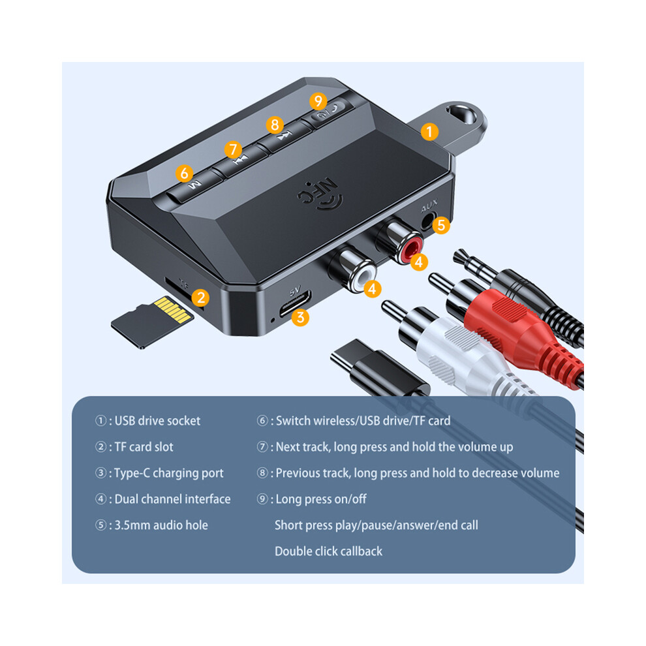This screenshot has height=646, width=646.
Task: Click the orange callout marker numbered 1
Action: [x=429, y=132]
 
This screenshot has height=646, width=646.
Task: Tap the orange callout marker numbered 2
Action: [x=200, y=298]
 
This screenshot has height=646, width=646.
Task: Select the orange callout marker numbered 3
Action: [x=300, y=317]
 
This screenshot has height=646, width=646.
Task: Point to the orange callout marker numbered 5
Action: [x=441, y=225]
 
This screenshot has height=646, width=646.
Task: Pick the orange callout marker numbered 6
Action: [x=184, y=173]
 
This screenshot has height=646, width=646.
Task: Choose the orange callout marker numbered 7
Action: [x=233, y=149]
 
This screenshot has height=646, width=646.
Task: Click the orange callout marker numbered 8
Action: [x=275, y=125]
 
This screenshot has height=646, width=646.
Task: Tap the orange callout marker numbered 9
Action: [x=318, y=101]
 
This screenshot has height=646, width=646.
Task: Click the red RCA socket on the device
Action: [x=411, y=249]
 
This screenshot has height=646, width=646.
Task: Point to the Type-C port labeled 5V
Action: [x=294, y=304]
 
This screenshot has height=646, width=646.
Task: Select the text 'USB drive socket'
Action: [x=157, y=421]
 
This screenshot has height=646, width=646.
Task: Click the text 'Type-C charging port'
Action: [x=169, y=473]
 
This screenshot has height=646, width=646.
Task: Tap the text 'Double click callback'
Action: [x=328, y=551]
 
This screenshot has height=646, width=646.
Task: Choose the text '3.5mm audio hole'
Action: [x=161, y=525]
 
